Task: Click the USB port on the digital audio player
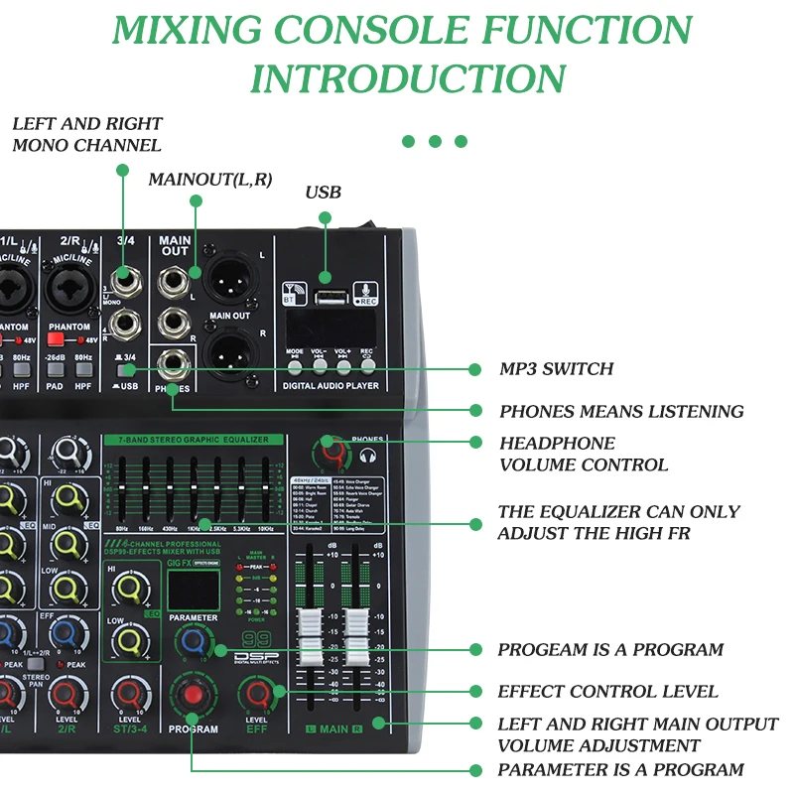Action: point(326,296)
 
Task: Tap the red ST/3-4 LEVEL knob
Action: point(130,695)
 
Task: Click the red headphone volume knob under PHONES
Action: point(332,455)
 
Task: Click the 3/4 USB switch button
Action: point(129,368)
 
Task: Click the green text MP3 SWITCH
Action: point(556,369)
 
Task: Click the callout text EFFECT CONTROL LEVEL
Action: point(607,692)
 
